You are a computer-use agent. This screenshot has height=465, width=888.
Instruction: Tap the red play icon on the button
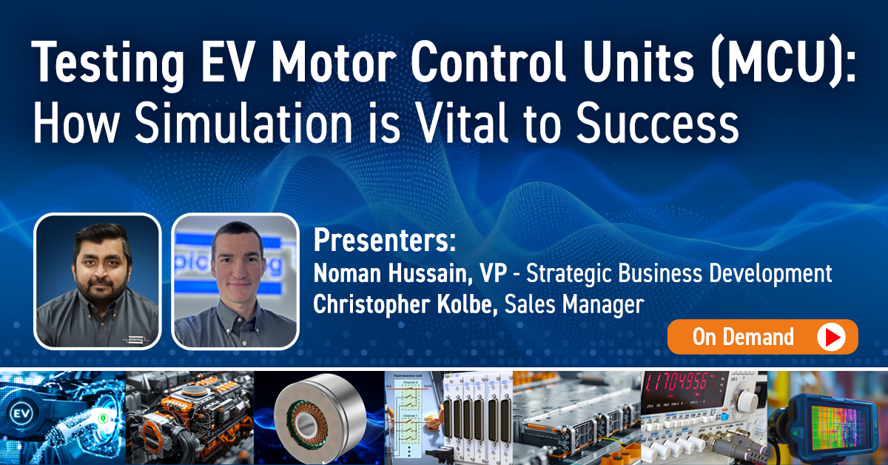tap(832, 338)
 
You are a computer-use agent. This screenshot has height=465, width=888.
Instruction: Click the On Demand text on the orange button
tap(743, 338)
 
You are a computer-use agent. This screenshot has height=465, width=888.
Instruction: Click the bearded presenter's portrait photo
tap(97, 281)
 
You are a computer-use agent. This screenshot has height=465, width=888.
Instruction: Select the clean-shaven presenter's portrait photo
tap(235, 281)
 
